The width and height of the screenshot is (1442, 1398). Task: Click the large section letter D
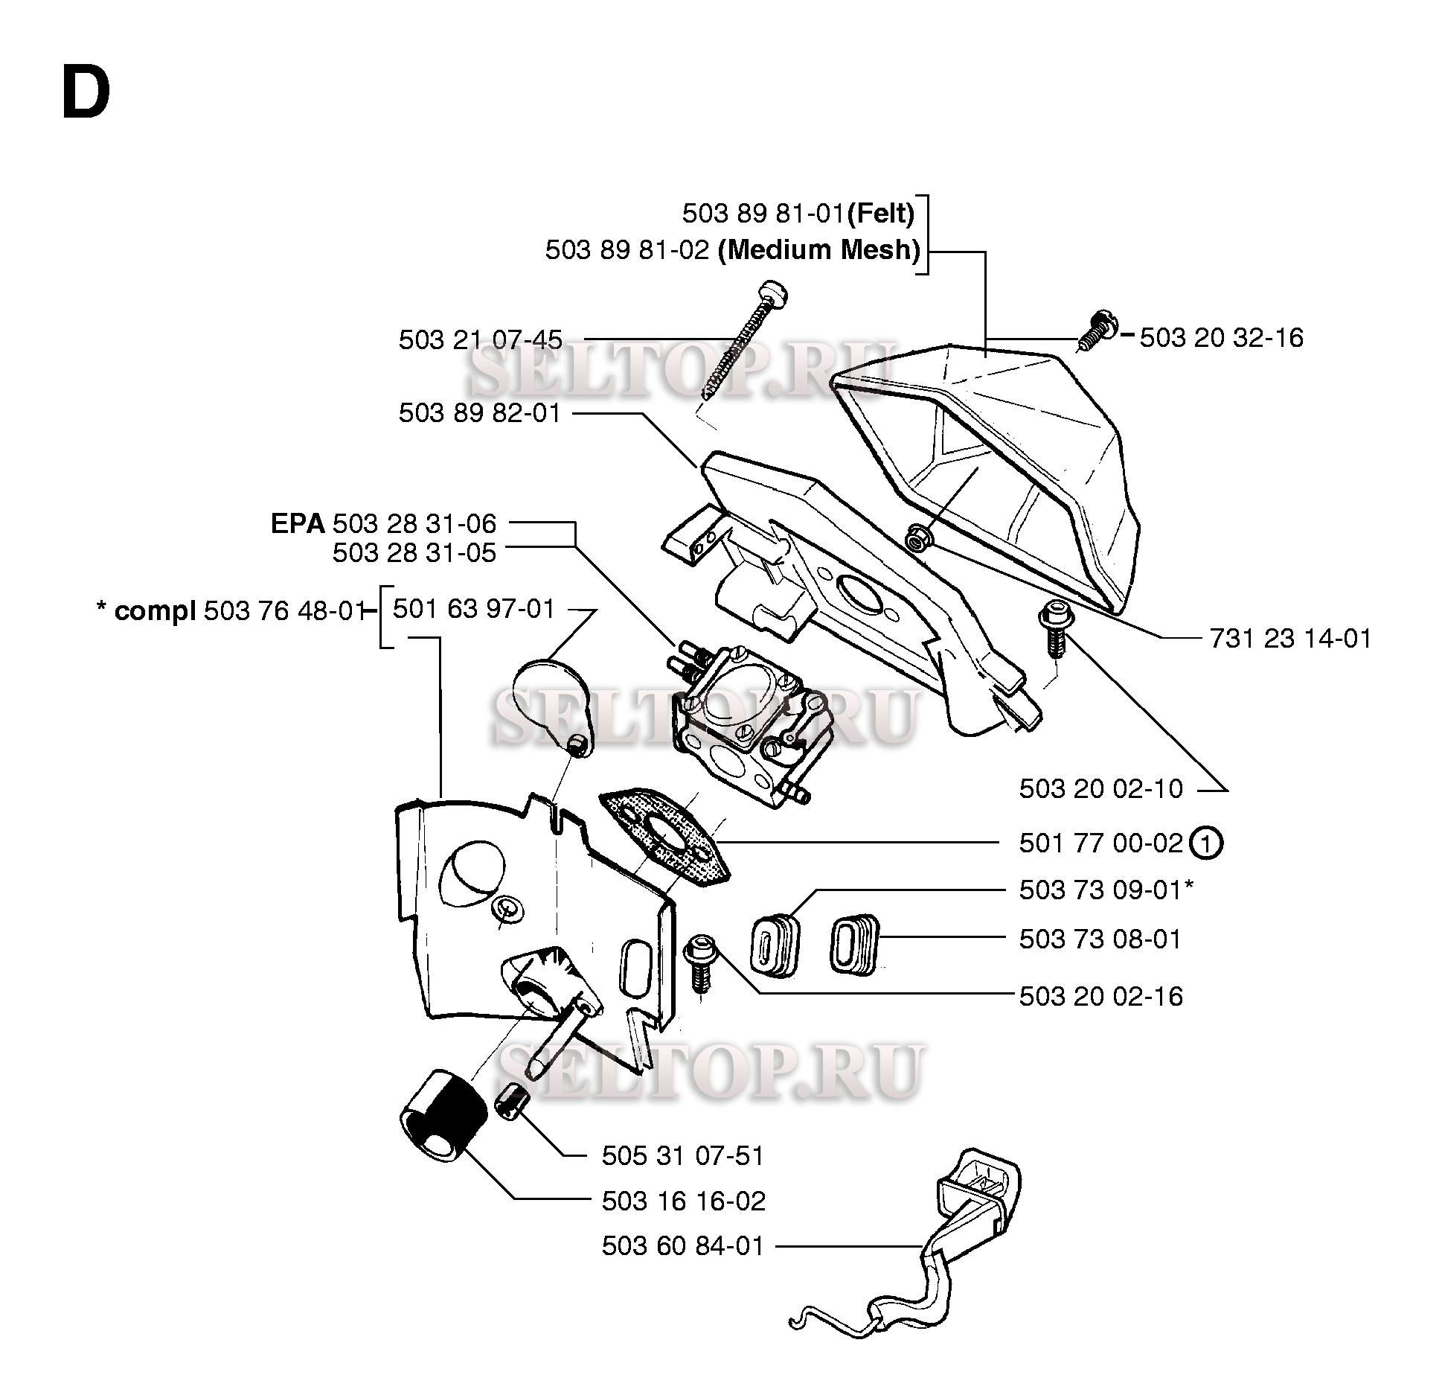pyautogui.click(x=86, y=93)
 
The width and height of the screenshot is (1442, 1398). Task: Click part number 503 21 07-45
pyautogui.click(x=481, y=340)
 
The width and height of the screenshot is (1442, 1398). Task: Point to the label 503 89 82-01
pyautogui.click(x=480, y=413)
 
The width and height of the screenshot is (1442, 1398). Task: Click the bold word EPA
pyautogui.click(x=298, y=524)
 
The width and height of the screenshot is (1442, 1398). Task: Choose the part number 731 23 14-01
pyautogui.click(x=1290, y=639)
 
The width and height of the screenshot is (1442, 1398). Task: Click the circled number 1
pyautogui.click(x=1206, y=843)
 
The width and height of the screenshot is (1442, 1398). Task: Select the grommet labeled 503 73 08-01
pyautogui.click(x=854, y=945)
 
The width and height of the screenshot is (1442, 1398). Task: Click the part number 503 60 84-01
pyautogui.click(x=683, y=1246)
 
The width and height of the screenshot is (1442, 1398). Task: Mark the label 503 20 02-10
pyautogui.click(x=1100, y=789)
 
